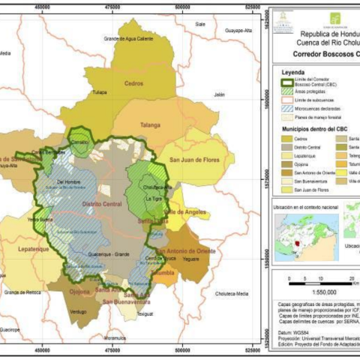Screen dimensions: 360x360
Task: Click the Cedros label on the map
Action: point(133,82)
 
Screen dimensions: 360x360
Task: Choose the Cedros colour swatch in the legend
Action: point(285,139)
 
